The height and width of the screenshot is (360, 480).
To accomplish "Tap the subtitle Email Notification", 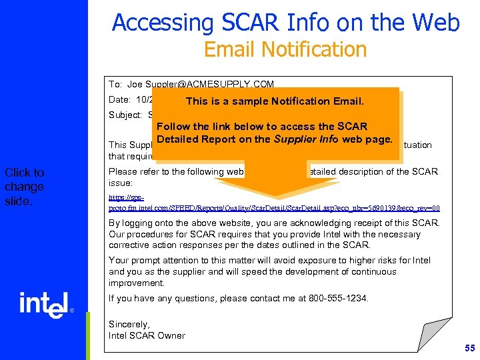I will pyautogui.click(x=285, y=49).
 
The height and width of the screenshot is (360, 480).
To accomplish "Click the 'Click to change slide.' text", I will pyautogui.click(x=25, y=187).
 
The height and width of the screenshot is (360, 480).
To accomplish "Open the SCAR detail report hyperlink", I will pyautogui.click(x=273, y=203).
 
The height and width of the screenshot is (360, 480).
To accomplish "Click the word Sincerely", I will pyautogui.click(x=129, y=324).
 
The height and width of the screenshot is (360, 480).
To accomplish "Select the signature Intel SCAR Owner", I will pyautogui.click(x=147, y=335).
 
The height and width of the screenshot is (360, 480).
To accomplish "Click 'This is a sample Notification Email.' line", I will pyautogui.click(x=275, y=101).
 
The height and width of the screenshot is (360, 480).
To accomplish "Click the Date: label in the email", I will pyautogui.click(x=120, y=100).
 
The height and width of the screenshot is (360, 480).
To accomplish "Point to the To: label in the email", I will pyautogui.click(x=115, y=85).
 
